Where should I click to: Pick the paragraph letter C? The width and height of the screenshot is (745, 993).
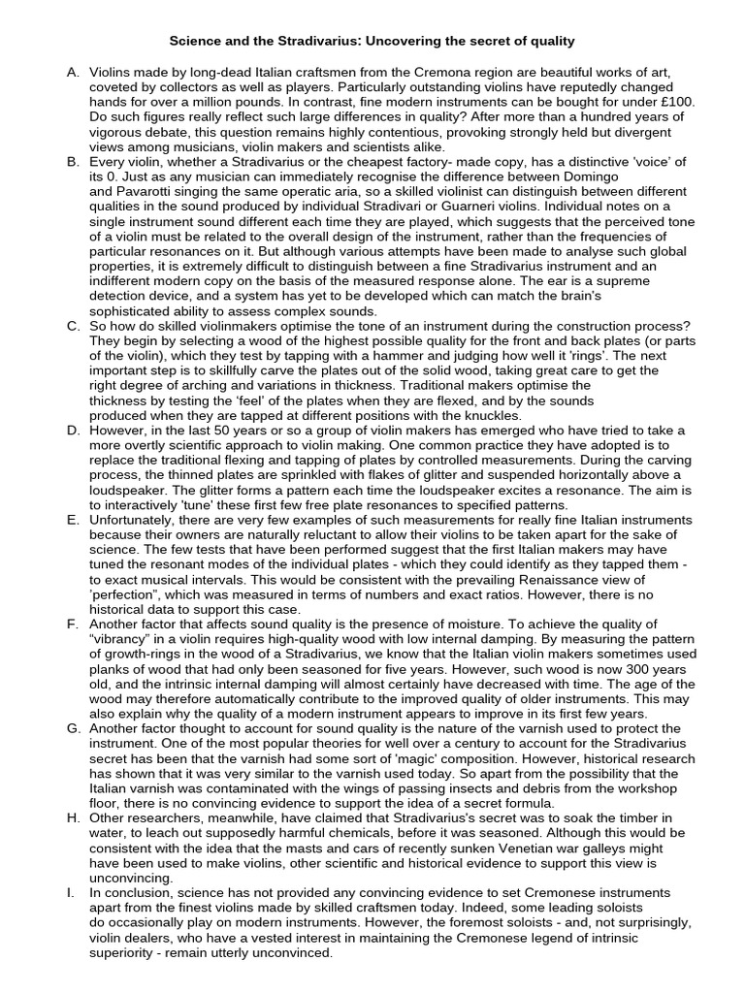click(72, 327)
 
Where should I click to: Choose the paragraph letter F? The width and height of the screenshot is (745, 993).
click(72, 624)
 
